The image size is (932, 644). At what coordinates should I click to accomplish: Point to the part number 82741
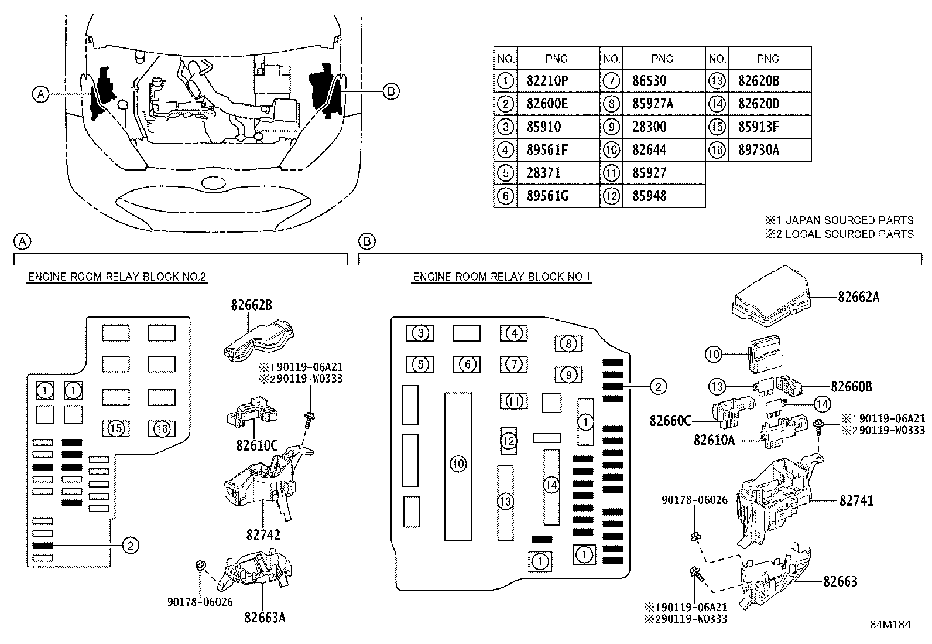856,500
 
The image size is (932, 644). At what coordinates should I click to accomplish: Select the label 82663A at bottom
265,616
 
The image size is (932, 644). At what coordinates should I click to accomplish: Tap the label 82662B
251,305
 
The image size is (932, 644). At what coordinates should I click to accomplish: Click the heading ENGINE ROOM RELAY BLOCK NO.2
117,277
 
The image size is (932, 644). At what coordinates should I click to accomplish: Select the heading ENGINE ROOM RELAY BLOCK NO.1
502,277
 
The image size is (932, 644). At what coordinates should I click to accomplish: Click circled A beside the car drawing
40,93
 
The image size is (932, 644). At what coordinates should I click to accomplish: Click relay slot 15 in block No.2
116,429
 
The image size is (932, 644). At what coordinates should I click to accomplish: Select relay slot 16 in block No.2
162,429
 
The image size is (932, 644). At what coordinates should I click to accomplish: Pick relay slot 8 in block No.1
568,343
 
